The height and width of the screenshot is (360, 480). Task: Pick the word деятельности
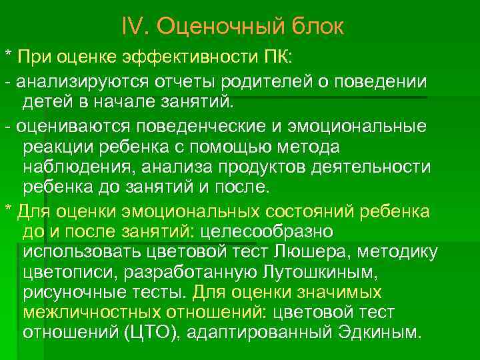point(368,167)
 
